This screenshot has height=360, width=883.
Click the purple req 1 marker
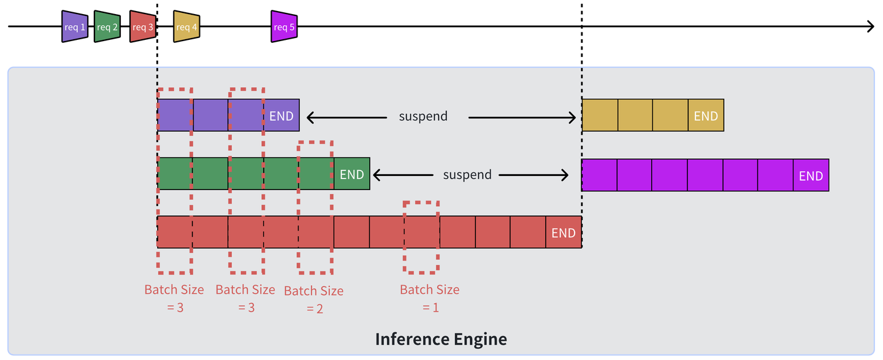pos(75,26)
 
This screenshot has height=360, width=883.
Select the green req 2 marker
pos(107,27)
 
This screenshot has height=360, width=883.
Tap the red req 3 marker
pos(143,27)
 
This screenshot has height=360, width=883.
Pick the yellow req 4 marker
pos(186,27)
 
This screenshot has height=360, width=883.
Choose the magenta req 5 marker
pos(285,27)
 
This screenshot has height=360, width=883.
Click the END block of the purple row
pos(281,116)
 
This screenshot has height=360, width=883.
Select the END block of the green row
pos(352,175)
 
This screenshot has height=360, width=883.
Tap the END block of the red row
pos(564,233)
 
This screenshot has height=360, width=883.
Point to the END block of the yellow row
pos(706,116)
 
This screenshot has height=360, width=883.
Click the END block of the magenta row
pos(811,176)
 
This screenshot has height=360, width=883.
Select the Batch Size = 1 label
pos(429,299)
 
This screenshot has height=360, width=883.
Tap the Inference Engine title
pos(441,339)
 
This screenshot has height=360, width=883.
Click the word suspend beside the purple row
pos(423,116)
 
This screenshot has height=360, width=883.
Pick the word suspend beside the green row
pos(467,175)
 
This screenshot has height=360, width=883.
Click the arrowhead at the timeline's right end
pos(871,26)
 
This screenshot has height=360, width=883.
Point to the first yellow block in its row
pos(600,116)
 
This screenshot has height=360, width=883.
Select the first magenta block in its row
pos(599,175)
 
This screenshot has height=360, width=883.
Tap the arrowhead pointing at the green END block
pos(377,175)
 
